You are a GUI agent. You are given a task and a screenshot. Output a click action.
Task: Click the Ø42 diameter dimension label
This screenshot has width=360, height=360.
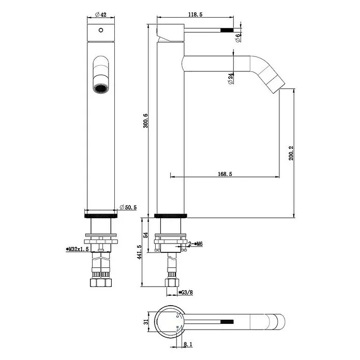tap(101, 14)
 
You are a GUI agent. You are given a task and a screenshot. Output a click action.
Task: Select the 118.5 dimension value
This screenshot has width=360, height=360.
tap(195, 14)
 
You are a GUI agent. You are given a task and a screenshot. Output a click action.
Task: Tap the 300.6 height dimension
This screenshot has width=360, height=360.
tap(145, 121)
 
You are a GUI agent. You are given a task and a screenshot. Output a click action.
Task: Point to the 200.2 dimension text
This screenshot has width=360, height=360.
tap(291, 153)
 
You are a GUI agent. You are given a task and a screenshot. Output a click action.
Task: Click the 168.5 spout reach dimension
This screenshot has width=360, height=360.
tap(225, 174)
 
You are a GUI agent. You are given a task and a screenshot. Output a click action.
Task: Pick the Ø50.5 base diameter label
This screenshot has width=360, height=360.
tap(128, 207)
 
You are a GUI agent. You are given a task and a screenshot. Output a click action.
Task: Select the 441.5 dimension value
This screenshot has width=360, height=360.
tap(139, 252)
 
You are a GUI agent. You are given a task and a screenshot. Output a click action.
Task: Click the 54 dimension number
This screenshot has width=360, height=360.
tap(145, 235)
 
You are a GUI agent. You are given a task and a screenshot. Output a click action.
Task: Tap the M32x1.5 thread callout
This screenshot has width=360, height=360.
tap(77, 249)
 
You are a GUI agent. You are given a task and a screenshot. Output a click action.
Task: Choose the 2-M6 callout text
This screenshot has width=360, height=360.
tap(196, 244)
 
